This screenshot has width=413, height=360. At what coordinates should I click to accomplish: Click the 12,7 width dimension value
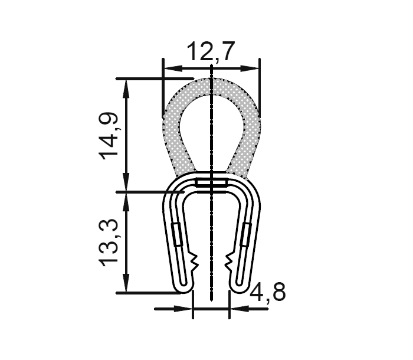click(211, 53)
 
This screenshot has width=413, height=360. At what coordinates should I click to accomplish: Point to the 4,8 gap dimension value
click(268, 292)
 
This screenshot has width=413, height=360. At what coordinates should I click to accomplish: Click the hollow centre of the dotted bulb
click(211, 127)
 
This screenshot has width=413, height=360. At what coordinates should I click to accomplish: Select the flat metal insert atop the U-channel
click(211, 184)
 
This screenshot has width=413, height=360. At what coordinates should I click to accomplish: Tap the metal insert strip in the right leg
click(246, 234)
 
